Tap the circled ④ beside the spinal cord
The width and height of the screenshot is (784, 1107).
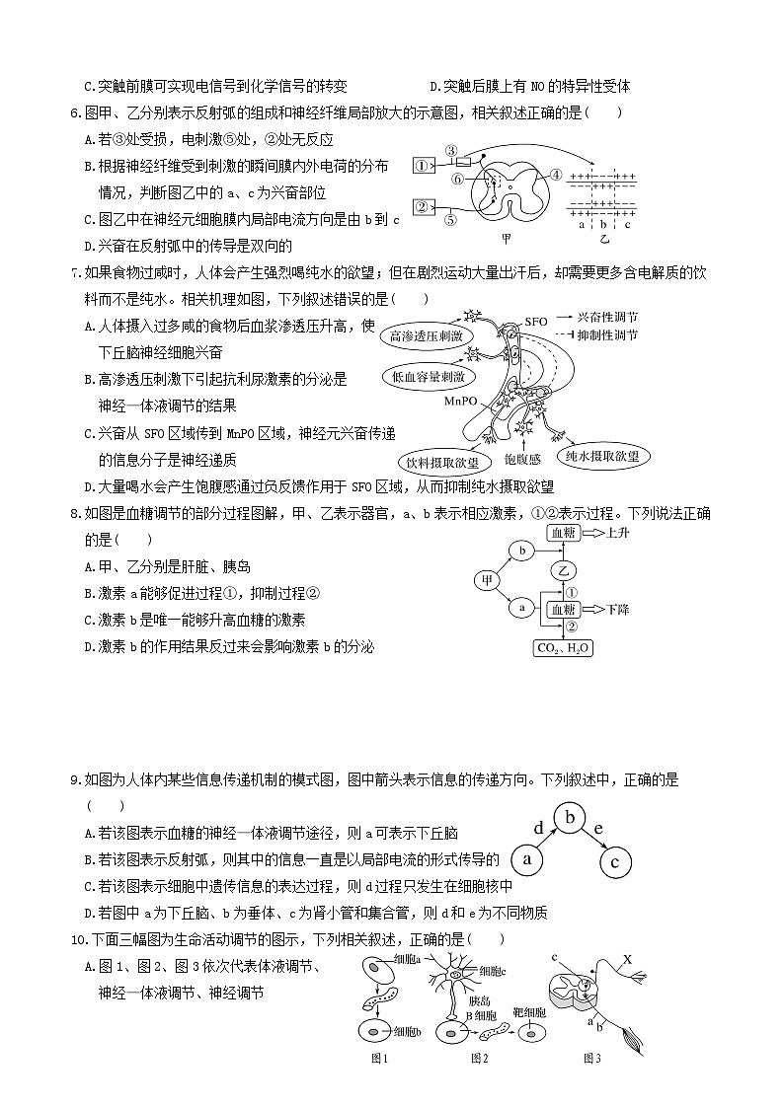pos(556,174)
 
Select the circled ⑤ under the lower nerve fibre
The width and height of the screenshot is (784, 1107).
pos(450,220)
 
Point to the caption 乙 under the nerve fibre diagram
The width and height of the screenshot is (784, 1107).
pos(604,238)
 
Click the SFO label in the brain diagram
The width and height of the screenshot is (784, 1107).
pos(536,322)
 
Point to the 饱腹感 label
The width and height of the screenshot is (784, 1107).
pos(522,459)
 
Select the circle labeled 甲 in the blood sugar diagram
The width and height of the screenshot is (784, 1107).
pos(487,580)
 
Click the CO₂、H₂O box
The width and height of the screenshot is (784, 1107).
pos(562,648)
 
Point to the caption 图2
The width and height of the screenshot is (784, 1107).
pos(480,1059)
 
